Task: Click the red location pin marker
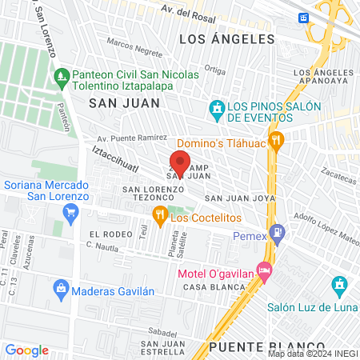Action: (x=180, y=160)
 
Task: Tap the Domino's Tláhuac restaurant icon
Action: (x=277, y=142)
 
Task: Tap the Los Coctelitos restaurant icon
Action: (x=159, y=214)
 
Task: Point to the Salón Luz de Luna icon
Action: (x=339, y=284)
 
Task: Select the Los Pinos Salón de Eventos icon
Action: (x=216, y=108)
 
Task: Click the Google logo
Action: (x=26, y=350)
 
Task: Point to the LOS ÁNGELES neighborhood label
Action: (x=226, y=38)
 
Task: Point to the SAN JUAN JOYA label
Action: (x=240, y=197)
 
